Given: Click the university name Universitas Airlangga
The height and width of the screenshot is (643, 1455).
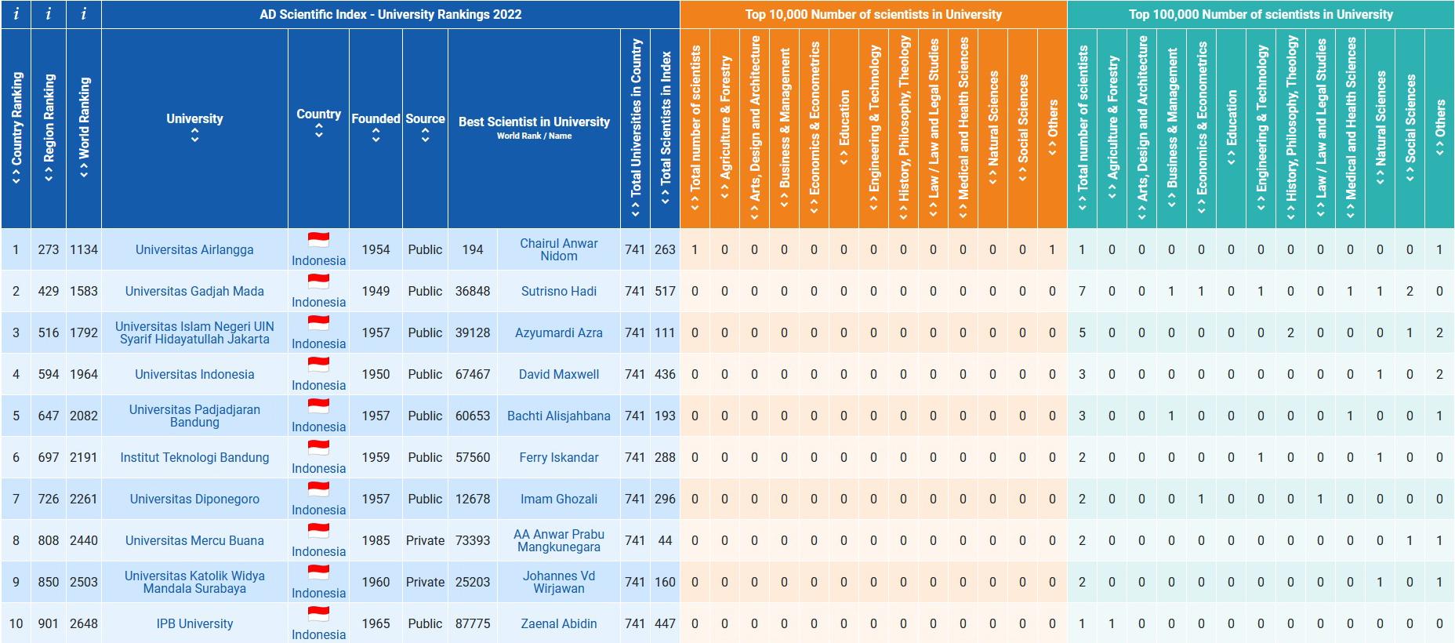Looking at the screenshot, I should tap(194, 250).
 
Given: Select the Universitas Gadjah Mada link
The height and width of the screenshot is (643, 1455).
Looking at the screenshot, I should tap(194, 292).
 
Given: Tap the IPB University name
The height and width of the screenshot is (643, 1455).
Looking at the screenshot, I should tap(194, 624).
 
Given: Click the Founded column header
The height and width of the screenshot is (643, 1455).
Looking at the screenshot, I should tap(376, 119).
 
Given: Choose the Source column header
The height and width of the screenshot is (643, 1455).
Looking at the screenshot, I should tap(425, 119).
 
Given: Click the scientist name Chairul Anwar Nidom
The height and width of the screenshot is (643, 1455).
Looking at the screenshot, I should tap(558, 250).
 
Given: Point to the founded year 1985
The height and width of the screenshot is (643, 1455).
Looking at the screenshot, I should tap(376, 541).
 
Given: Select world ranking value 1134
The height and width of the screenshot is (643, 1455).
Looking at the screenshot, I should tap(84, 250).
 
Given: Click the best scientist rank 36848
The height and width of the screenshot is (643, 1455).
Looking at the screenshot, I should tap(473, 292).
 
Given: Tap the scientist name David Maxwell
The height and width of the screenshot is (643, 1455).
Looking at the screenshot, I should tap(558, 375).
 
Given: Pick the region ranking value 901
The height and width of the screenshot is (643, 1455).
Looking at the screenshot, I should tap(49, 624).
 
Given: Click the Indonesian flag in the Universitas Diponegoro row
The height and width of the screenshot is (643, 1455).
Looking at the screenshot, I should tap(318, 490).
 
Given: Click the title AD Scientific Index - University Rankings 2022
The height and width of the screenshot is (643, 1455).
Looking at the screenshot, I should tap(390, 14).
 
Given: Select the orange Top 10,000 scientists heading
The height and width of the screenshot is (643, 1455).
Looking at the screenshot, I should tap(873, 14).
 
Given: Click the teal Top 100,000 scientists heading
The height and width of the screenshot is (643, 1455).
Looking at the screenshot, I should tap(1261, 14).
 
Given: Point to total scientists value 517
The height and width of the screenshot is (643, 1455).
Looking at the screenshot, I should tap(665, 292).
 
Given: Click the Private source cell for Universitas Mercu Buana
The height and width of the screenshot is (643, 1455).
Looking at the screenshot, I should tap(425, 541).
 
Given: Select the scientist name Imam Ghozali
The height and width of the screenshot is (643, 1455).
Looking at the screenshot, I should tap(558, 500).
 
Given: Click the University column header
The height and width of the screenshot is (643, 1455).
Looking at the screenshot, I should tap(194, 119).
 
